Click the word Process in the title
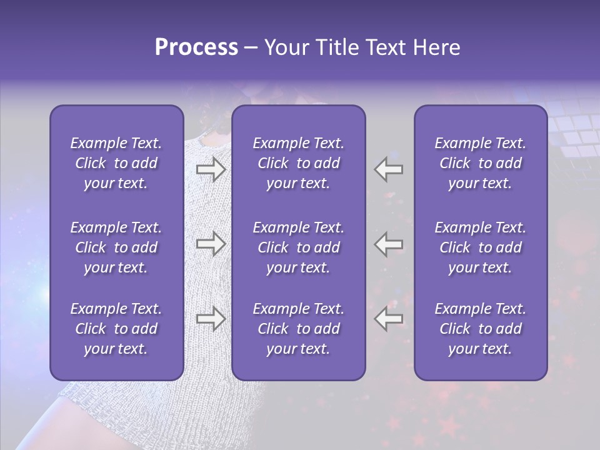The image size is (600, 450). [x=196, y=47]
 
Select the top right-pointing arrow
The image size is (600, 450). [x=211, y=168]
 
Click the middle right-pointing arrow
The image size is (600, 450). [x=211, y=243]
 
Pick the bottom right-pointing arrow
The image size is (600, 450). [x=211, y=319]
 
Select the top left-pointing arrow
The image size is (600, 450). [x=389, y=168]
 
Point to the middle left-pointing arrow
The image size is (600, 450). [x=389, y=243]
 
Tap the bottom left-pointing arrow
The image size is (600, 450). [x=389, y=319]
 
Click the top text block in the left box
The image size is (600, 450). [x=116, y=163]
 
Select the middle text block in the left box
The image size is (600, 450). [x=116, y=247]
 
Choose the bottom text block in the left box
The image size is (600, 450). [x=116, y=329]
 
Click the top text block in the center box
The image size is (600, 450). [x=299, y=163]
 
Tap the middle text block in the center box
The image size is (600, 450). [x=299, y=247]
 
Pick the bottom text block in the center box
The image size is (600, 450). [x=299, y=329]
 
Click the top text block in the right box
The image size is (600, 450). [x=481, y=163]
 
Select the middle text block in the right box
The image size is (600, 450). [x=481, y=247]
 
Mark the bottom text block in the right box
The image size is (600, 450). [x=481, y=329]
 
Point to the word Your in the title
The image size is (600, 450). [x=286, y=47]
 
